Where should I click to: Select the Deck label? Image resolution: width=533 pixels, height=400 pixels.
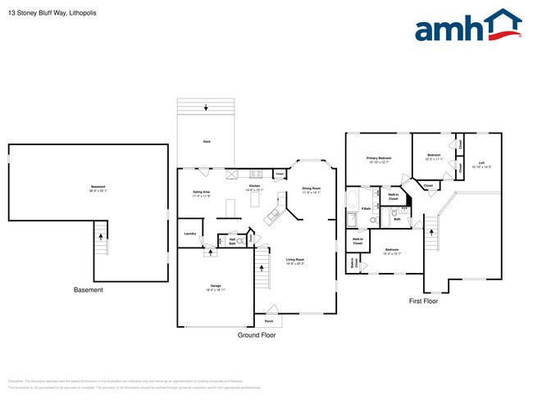click(x=206, y=142)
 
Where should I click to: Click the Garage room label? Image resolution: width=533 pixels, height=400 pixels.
click(x=214, y=288)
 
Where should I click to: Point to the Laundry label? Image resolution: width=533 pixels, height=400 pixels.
click(x=189, y=234)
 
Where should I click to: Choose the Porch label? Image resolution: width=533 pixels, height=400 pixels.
click(x=269, y=321)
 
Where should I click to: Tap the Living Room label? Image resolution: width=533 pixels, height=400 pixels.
click(x=295, y=261)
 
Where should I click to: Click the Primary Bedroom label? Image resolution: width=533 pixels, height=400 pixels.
click(x=378, y=160)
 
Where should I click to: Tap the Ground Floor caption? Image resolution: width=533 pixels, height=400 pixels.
click(x=256, y=336)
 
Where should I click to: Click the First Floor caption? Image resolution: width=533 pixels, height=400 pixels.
click(x=423, y=302)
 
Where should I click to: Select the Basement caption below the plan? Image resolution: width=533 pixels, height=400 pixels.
click(x=89, y=290)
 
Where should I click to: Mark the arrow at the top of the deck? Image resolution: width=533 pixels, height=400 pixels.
click(x=206, y=107)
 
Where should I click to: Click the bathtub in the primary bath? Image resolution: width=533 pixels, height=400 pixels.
click(x=352, y=202)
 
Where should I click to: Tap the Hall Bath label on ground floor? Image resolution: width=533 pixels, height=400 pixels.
click(x=232, y=242)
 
